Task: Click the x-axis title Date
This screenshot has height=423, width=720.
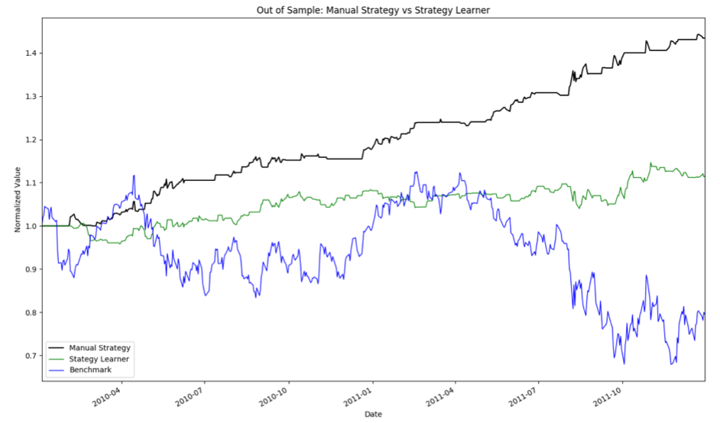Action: [373, 414]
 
